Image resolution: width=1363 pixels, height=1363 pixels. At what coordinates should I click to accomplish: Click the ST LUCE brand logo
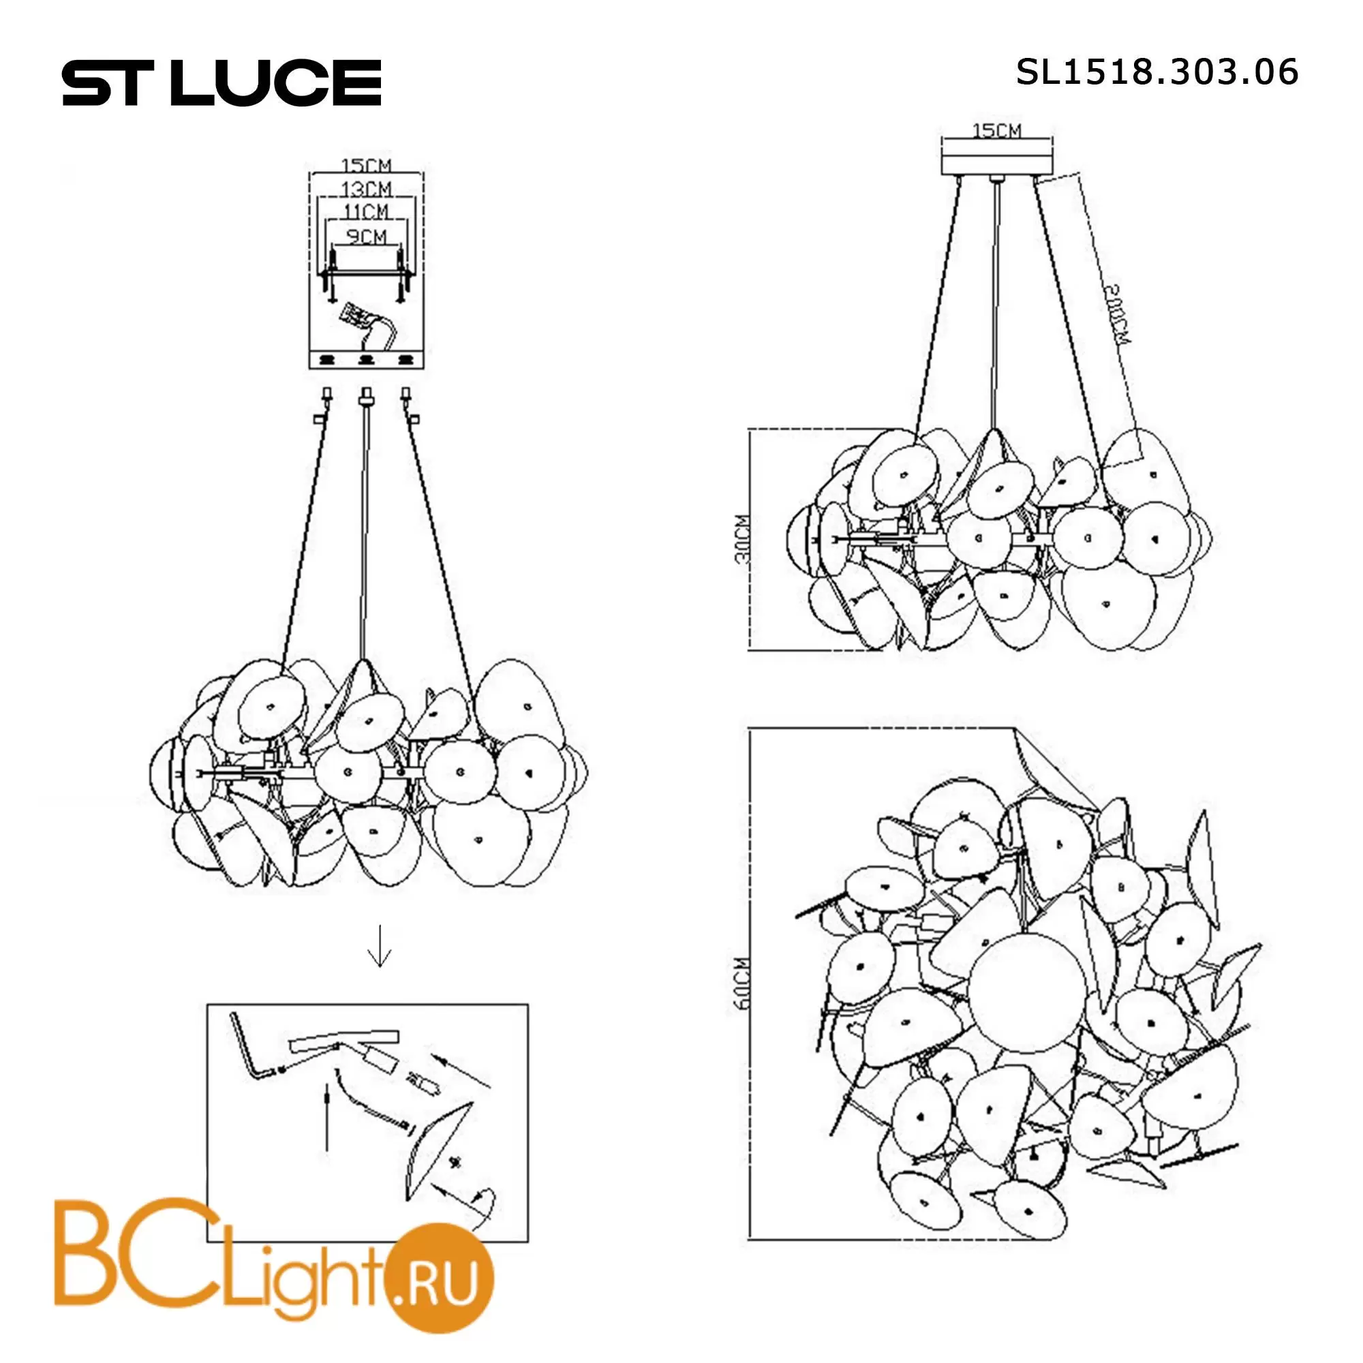221,82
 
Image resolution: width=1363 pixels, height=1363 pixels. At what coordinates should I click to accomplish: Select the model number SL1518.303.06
1157,72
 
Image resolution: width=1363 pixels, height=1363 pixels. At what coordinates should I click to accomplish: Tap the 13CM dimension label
366,189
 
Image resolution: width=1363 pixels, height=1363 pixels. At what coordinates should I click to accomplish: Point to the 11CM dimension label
366,211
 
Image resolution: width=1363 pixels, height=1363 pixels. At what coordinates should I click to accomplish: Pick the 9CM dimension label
366,236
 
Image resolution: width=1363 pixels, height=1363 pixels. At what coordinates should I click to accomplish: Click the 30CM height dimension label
742,540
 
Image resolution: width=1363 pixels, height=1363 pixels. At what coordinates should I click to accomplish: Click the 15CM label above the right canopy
997,131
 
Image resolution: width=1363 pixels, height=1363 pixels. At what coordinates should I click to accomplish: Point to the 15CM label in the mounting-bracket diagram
366,166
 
